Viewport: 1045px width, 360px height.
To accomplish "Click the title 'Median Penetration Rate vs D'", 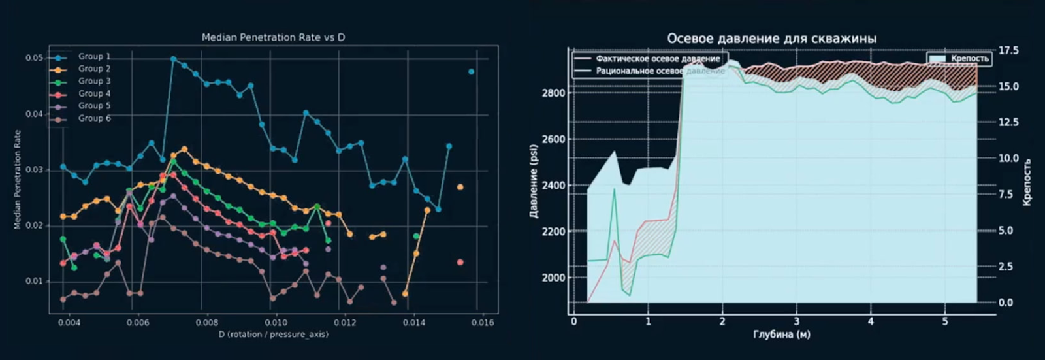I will (x=273, y=37).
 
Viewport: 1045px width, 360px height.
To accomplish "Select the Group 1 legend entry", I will (x=94, y=57).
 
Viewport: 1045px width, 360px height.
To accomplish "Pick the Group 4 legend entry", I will (x=94, y=93).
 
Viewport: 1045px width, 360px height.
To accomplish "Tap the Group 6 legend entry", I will (x=94, y=118).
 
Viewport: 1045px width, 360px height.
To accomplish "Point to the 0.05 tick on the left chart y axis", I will (x=35, y=58).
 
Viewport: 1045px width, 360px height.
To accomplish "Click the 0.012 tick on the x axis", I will (x=345, y=323).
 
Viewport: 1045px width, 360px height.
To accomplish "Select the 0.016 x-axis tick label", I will (x=483, y=323).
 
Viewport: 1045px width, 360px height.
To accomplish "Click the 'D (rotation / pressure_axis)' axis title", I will (x=273, y=335).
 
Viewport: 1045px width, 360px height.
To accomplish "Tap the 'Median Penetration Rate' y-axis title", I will (x=18, y=180).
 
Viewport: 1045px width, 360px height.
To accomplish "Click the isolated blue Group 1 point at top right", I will (x=471, y=72).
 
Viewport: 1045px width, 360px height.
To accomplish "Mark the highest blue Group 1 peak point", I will (x=173, y=59).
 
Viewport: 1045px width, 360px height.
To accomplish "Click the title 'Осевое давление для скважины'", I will (x=771, y=39).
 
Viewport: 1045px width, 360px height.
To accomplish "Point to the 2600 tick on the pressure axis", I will (x=553, y=139).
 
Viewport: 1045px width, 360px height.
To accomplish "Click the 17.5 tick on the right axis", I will (x=1008, y=50).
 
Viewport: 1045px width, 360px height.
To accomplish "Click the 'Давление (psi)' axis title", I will (x=534, y=181).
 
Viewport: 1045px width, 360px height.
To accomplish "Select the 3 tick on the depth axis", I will (x=796, y=322).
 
